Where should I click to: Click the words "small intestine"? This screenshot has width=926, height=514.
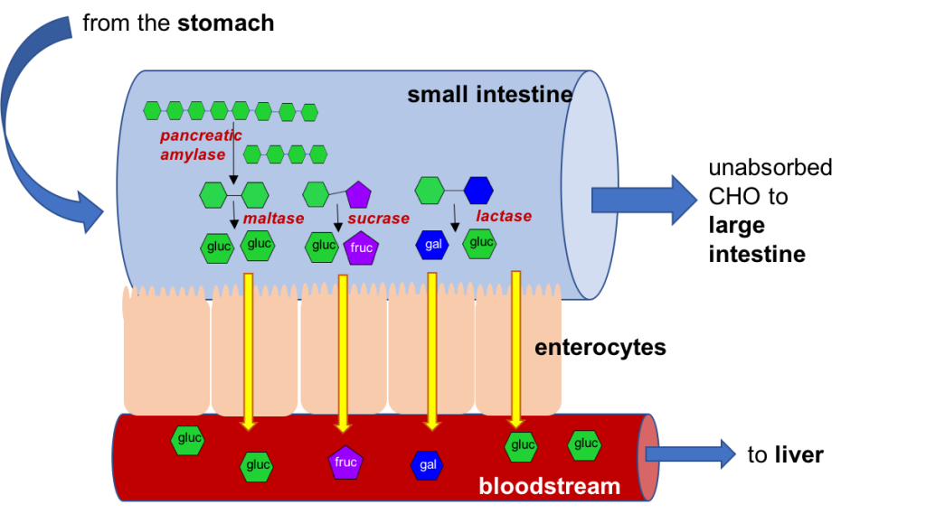[x=489, y=95]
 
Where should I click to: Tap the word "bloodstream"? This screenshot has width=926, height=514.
[x=549, y=487]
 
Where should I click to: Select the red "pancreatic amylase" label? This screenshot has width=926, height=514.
[x=201, y=145]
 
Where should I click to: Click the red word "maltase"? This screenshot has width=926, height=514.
[x=273, y=219]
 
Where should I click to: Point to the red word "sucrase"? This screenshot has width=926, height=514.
[x=379, y=219]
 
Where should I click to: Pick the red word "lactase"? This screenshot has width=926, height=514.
[x=504, y=217]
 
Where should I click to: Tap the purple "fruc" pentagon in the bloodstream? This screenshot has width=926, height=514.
[x=345, y=462]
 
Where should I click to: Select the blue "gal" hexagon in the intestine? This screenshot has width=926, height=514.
[x=431, y=245]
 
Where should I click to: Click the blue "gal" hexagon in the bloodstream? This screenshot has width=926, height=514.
[x=427, y=465]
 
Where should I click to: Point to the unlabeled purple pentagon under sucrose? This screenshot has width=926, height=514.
[x=359, y=194]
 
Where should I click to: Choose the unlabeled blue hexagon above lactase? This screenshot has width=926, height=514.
[x=478, y=191]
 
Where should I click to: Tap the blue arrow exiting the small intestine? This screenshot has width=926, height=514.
[x=643, y=200]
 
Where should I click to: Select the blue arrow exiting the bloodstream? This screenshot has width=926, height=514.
[x=690, y=453]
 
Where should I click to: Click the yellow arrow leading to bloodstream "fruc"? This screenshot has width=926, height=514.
[x=343, y=352]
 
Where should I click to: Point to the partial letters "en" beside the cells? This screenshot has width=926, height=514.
[x=547, y=348]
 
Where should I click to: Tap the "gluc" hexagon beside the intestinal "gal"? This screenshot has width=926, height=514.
[x=480, y=243]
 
